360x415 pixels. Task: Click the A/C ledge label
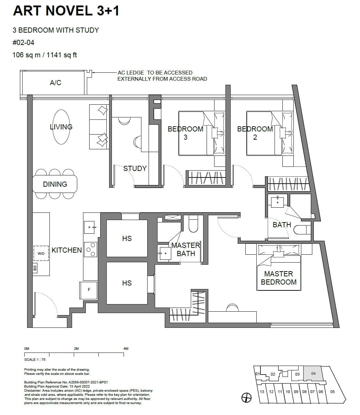56,83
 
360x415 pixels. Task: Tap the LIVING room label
61,127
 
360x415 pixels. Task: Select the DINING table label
55,184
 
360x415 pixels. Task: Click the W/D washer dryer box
41,254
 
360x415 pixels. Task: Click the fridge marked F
89,290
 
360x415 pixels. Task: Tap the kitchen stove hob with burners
91,250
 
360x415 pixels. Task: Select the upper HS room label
127,238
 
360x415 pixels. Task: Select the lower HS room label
127,283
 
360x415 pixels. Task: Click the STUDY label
135,169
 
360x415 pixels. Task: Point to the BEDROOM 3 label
185,133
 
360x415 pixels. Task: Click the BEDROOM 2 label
255,133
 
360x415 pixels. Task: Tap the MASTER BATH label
186,250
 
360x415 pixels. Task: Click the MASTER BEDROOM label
278,278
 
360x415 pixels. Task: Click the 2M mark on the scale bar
76,349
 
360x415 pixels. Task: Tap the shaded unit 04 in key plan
313,373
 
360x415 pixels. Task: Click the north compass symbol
246,397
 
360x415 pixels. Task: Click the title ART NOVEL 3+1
66,11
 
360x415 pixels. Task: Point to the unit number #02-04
23,43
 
